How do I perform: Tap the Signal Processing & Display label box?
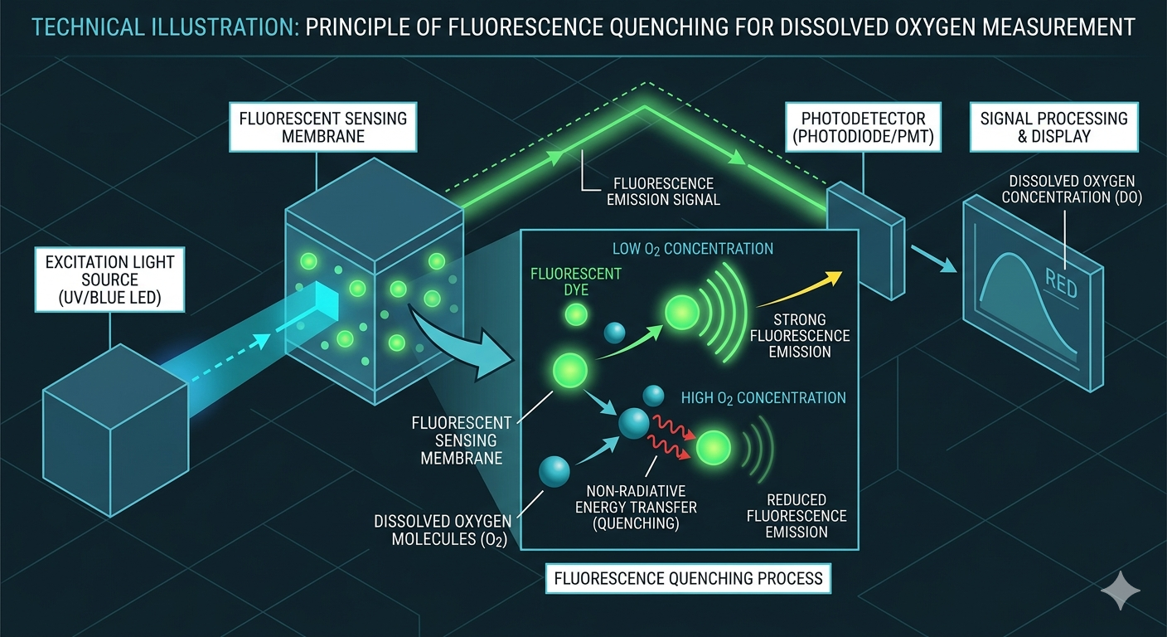click(x=1053, y=127)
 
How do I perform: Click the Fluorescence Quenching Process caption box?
click(x=687, y=578)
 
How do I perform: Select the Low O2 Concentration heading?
click(x=692, y=249)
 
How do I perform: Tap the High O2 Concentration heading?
click(x=763, y=398)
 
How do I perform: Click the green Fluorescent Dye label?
click(x=575, y=281)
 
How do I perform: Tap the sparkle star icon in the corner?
click(x=1120, y=592)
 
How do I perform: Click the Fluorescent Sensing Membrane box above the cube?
click(x=322, y=127)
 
